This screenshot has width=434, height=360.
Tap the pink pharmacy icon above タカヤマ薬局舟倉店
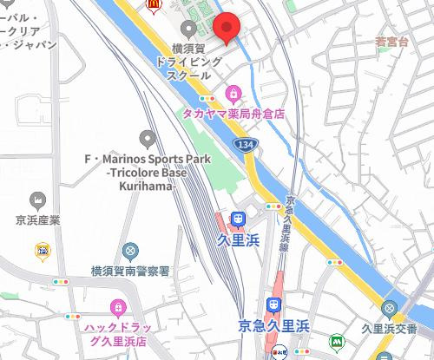[233, 94]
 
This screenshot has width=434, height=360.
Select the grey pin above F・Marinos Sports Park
[147, 138]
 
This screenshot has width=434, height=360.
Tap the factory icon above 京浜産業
[37, 200]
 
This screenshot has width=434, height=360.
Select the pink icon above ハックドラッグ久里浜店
[117, 307]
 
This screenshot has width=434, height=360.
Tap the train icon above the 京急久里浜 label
[273, 305]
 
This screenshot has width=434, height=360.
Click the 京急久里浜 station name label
[274, 325]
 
